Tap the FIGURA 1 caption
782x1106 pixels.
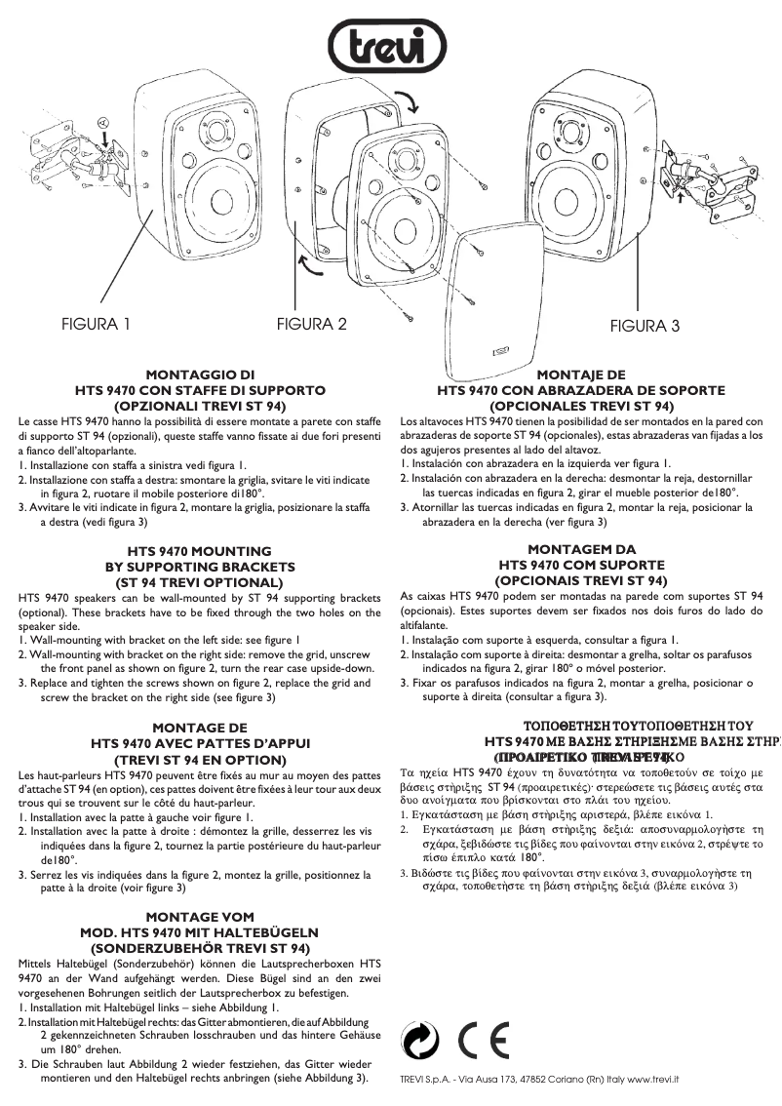pyautogui.click(x=96, y=324)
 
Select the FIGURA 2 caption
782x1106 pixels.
pyautogui.click(x=311, y=324)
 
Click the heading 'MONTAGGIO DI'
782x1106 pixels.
pyautogui.click(x=200, y=374)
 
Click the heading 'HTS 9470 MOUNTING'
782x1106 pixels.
pyautogui.click(x=200, y=551)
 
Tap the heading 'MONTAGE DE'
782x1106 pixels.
pyautogui.click(x=200, y=727)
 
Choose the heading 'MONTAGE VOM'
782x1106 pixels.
pyautogui.click(x=200, y=917)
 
